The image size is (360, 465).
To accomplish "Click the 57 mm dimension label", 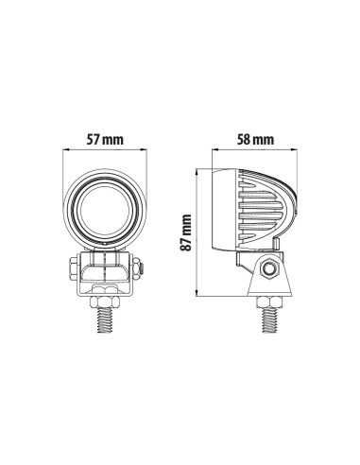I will [x=105, y=139].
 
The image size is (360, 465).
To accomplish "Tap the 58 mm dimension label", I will [x=255, y=139].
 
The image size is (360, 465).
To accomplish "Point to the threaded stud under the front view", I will [x=106, y=319].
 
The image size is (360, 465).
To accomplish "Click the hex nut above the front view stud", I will [x=106, y=301].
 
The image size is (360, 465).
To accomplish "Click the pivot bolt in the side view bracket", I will [x=270, y=269].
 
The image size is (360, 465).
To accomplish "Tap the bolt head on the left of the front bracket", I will [x=74, y=268].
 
